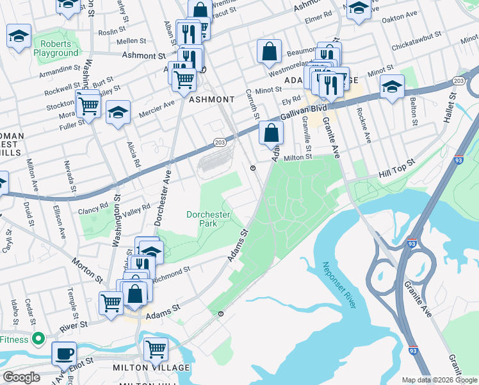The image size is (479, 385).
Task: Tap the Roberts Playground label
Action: [56, 49]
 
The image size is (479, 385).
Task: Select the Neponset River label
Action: [339, 285]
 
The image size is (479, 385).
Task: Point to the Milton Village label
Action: [151, 368]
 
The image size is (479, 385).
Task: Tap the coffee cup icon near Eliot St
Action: [64, 354]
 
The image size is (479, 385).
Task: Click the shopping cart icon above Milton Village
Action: [156, 349]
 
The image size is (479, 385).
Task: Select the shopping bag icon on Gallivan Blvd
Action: [271, 133]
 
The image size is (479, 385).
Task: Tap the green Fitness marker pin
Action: [38, 338]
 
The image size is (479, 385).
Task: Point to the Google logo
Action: [21, 377]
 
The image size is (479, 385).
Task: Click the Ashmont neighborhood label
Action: [211, 100]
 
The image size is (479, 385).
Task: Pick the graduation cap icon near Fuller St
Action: [118, 113]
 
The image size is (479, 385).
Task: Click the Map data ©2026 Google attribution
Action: [439, 379]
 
